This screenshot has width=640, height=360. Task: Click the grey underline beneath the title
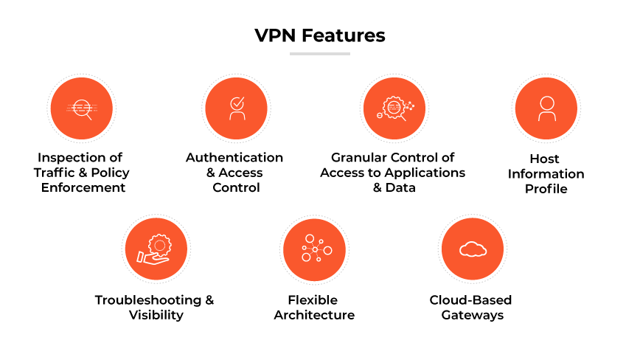[319, 54]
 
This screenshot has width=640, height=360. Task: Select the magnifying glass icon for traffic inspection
[80, 110]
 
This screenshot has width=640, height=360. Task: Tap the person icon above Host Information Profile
[546, 109]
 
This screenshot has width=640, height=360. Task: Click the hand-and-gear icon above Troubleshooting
[156, 249]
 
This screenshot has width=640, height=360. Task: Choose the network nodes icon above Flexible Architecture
[315, 249]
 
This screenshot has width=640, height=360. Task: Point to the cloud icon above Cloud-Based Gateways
[472, 249]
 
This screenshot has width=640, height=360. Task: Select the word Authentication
[234, 158]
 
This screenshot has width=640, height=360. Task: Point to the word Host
[544, 159]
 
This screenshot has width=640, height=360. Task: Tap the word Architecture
[314, 316]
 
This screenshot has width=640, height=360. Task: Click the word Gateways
[472, 316]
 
